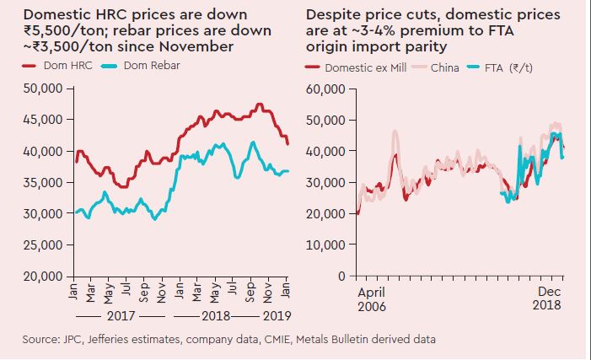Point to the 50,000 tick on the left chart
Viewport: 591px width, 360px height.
[x=42, y=88]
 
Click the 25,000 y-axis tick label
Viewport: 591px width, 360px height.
[x=42, y=245]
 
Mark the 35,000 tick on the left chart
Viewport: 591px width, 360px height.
[x=42, y=182]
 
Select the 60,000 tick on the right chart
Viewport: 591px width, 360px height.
[x=325, y=89]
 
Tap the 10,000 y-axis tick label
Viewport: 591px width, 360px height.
[x=325, y=245]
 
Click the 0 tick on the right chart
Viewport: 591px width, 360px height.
[x=341, y=277]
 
